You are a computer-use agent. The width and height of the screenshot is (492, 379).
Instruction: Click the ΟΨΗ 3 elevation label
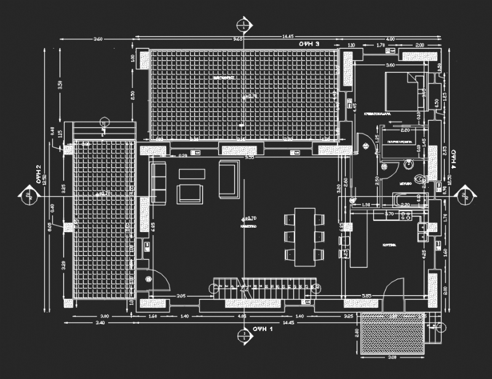click(x=309, y=45)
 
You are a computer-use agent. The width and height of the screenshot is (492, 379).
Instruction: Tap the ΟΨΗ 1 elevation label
click(x=263, y=330)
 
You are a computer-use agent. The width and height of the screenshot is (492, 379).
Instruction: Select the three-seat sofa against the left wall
click(x=159, y=183)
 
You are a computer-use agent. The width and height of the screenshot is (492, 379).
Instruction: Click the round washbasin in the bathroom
click(x=408, y=165)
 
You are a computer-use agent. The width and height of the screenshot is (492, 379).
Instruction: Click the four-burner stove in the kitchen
click(x=405, y=215)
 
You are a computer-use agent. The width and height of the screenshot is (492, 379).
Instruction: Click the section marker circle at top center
click(x=244, y=25)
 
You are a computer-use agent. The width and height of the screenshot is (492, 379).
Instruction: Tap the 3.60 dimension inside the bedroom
click(x=390, y=65)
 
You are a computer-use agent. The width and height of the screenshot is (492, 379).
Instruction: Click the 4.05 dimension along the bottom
click(x=242, y=317)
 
